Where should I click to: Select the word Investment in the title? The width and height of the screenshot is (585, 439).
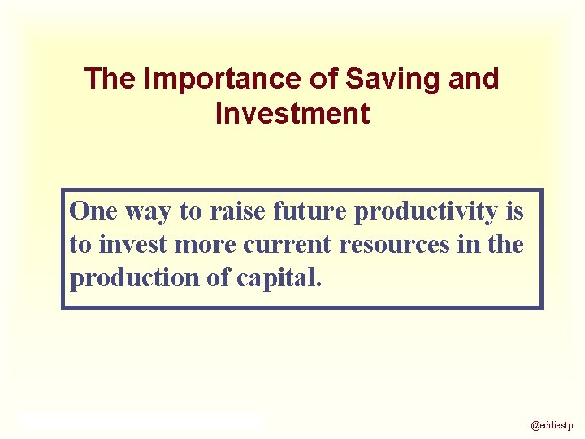[292, 114]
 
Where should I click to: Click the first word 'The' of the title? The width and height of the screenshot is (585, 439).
[111, 79]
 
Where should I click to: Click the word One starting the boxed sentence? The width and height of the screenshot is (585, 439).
[94, 211]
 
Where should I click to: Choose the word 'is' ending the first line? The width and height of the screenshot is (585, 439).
[514, 211]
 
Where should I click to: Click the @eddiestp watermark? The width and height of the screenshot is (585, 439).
[552, 424]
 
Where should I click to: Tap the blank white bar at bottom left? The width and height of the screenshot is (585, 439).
[142, 420]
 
